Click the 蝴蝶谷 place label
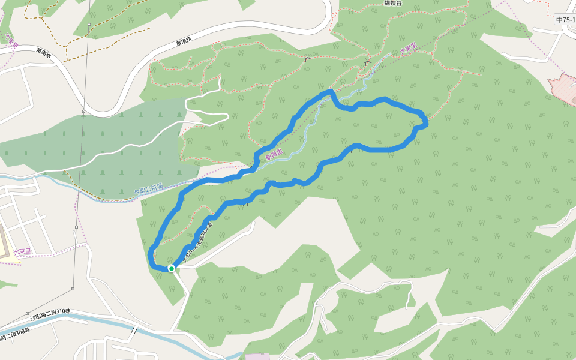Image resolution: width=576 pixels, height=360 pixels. coord(393,3)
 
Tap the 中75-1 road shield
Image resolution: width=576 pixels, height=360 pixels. coord(565,20)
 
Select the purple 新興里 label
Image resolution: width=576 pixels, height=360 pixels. coord(274,155)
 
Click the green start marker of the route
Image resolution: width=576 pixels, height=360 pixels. coord(171,268)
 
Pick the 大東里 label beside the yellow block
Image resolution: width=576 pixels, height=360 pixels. coord(22,251)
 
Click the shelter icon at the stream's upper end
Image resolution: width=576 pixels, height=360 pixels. coord(368,62)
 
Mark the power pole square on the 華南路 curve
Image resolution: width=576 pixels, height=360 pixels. coord(84,111)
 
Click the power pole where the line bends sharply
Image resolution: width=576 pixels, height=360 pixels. coord(76,227)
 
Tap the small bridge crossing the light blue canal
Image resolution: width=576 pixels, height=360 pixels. coord(134,330)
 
